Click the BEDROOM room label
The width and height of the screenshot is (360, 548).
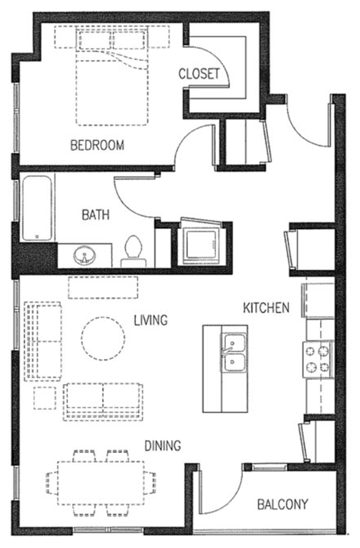(x=97, y=146)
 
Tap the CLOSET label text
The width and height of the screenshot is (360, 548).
(x=199, y=74)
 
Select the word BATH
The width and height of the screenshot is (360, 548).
(x=96, y=215)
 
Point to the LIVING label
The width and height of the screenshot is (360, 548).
(x=150, y=321)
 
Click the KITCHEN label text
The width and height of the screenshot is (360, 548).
(x=265, y=307)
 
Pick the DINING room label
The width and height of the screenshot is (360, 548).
(x=163, y=445)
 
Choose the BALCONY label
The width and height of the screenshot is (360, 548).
(x=283, y=504)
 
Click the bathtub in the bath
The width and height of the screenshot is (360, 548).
(x=35, y=208)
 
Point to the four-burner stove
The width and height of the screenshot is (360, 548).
(x=318, y=358)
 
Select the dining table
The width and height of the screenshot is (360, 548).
(x=102, y=480)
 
